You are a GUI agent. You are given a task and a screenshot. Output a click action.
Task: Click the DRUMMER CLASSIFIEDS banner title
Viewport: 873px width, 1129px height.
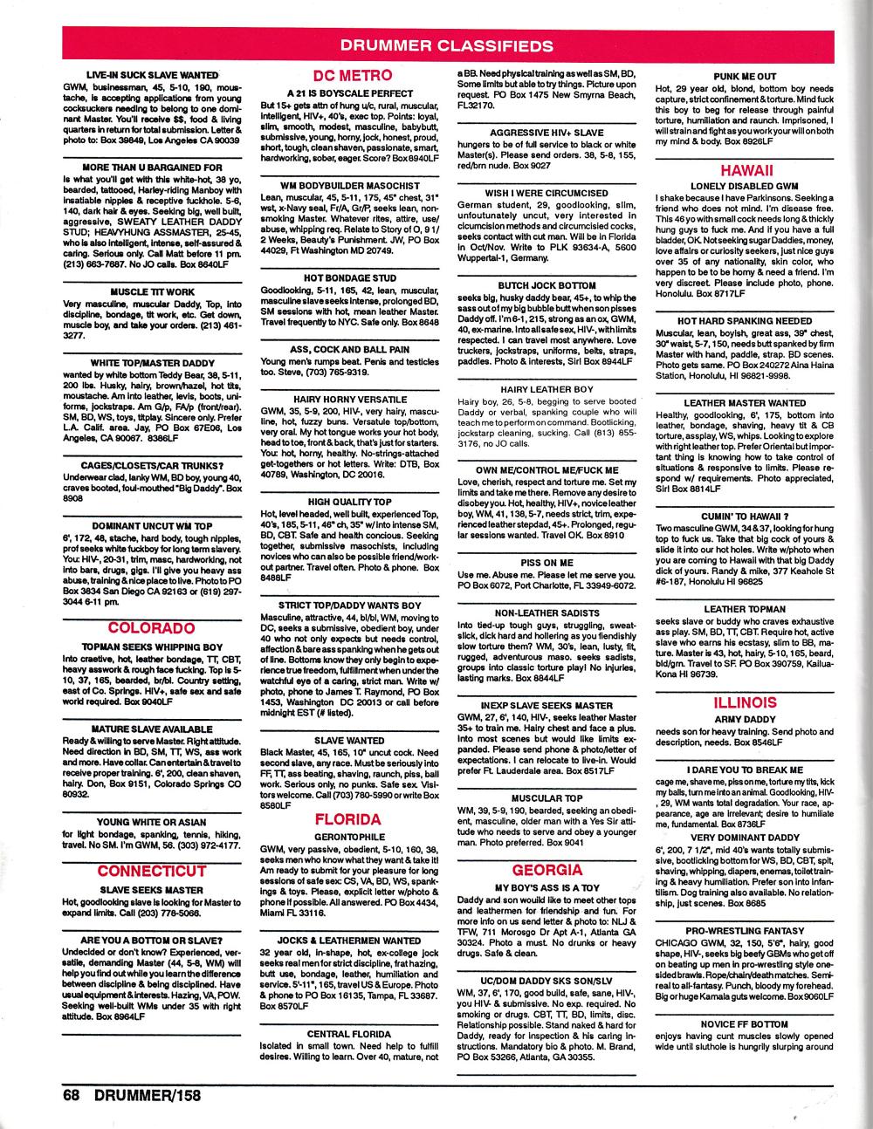coord(445,46)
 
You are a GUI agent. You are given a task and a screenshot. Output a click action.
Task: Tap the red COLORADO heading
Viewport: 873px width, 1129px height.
coord(151,628)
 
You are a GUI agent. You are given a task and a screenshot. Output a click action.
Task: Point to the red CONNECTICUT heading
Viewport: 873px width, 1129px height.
coord(151,871)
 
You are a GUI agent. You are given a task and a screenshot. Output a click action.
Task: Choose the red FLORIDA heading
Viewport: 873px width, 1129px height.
coord(348,819)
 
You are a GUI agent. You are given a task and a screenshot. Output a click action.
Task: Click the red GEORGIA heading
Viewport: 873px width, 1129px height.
coord(546,870)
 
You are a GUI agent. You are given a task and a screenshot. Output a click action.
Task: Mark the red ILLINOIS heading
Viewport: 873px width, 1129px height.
coord(745,701)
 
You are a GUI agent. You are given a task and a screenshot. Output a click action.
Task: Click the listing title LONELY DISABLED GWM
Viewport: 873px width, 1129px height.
coord(745,186)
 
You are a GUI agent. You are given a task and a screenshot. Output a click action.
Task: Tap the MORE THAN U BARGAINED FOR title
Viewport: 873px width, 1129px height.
coord(152,167)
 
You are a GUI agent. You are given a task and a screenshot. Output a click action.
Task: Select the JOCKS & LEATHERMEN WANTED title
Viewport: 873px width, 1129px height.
coord(348,941)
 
